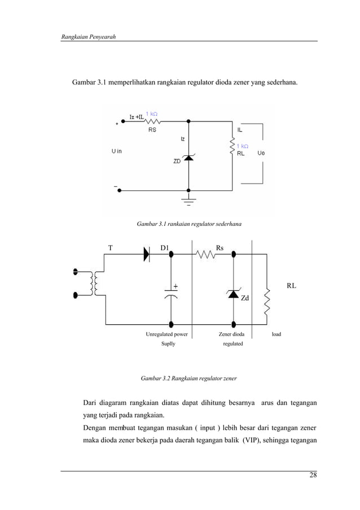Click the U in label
(x=116, y=151)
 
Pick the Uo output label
(x=261, y=153)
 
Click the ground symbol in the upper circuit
(x=188, y=200)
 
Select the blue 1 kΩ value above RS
(x=152, y=114)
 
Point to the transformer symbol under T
(x=97, y=283)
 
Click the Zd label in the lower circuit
(x=245, y=298)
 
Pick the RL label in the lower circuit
(x=291, y=286)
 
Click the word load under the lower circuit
(x=276, y=334)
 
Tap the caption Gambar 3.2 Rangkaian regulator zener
(x=188, y=377)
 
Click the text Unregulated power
(x=167, y=334)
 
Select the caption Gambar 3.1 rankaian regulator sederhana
(x=189, y=224)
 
